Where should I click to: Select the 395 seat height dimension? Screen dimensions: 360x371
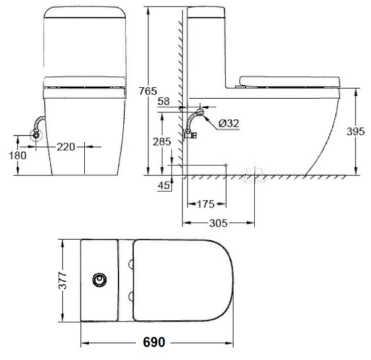click(x=356, y=131)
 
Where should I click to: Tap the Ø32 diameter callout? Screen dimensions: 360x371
click(x=229, y=123)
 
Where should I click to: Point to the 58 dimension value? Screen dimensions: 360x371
click(x=163, y=102)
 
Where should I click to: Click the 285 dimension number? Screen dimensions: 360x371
click(x=162, y=142)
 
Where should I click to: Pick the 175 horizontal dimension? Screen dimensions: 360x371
click(x=206, y=204)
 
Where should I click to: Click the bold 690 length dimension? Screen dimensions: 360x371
click(x=154, y=342)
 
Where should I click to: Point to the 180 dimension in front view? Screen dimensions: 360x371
click(x=18, y=155)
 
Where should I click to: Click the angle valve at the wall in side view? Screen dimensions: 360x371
click(x=191, y=134)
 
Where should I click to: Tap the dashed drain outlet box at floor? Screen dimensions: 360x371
click(x=254, y=174)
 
